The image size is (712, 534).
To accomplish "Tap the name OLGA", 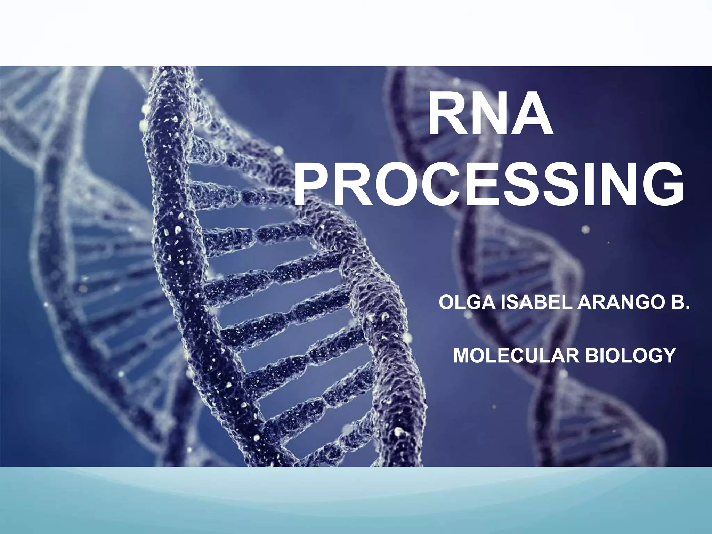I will coord(468,302).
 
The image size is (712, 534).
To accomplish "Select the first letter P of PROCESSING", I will coord(313,185).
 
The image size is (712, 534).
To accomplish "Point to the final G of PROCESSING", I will coord(662,185).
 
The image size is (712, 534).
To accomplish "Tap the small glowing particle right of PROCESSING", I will coord(586,229).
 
